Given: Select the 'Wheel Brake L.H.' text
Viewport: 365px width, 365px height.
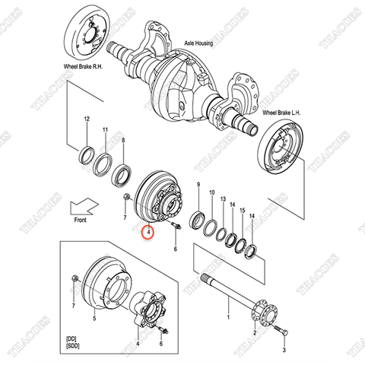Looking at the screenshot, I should click(x=283, y=113).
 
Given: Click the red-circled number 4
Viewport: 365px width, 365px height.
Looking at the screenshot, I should click(x=149, y=231).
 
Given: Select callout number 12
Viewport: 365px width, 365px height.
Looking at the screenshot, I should click(x=87, y=119).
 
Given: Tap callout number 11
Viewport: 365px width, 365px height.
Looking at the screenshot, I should click(x=106, y=130).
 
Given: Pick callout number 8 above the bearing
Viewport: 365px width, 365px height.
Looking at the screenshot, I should click(x=124, y=141).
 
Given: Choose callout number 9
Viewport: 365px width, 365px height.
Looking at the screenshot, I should click(x=198, y=185).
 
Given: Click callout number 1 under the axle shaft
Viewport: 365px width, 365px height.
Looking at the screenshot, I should click(x=227, y=313).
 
